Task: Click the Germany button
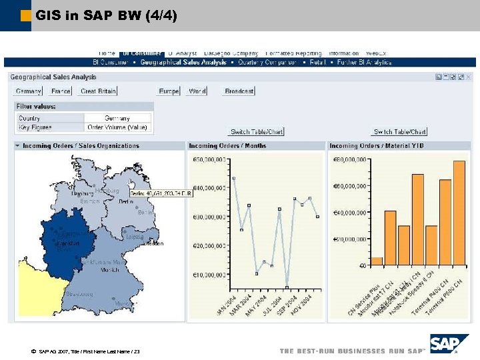(x=29, y=91)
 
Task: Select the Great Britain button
(x=97, y=91)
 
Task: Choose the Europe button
(x=169, y=91)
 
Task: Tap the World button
(x=197, y=91)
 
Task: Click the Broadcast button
(x=239, y=91)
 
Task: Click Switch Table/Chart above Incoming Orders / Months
(x=257, y=132)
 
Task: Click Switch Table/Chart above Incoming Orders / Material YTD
(x=400, y=132)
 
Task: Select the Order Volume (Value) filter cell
(x=118, y=127)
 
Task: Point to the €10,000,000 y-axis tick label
(x=209, y=275)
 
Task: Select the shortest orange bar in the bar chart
(x=377, y=261)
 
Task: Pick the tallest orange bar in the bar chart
(x=459, y=213)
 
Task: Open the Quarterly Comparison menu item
(x=267, y=62)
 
